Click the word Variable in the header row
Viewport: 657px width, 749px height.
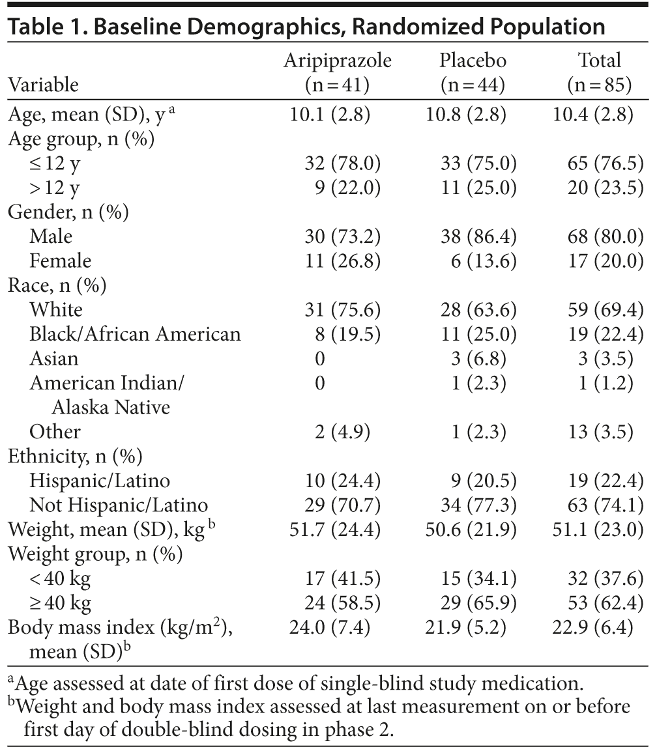(43, 85)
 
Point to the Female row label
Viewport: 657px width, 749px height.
(61, 261)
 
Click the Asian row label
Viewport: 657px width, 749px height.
(54, 358)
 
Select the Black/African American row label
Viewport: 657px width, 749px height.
(135, 334)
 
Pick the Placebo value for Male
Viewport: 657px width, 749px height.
(478, 236)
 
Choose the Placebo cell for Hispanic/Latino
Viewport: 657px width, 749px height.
(478, 481)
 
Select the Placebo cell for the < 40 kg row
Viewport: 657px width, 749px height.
(478, 579)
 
